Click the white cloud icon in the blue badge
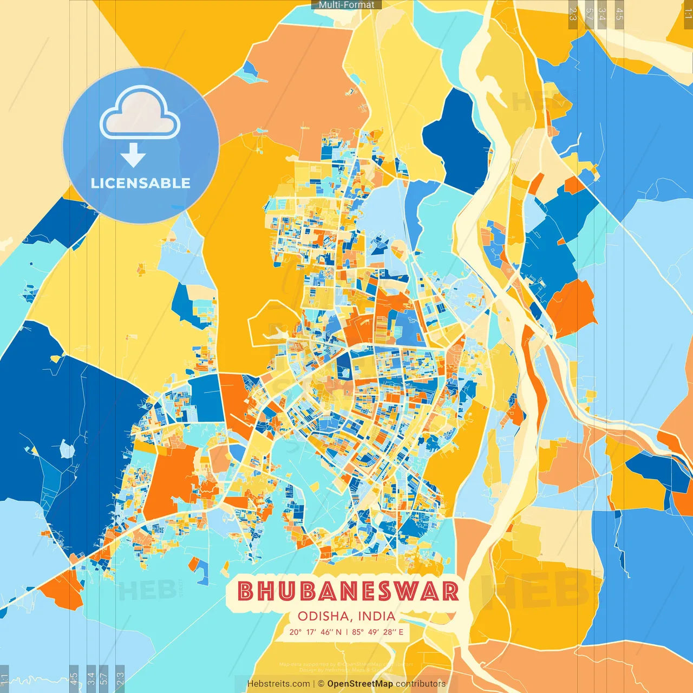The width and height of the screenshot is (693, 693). [140, 113]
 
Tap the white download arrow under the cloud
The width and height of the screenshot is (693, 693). [133, 155]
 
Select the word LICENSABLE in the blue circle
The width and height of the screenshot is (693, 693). [141, 183]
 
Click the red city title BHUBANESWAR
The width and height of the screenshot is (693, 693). [348, 591]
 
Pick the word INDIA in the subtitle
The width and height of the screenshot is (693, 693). [376, 616]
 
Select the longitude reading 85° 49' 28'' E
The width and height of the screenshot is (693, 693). [378, 632]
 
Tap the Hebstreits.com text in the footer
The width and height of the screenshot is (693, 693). [278, 684]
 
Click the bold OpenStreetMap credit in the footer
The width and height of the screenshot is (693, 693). [360, 684]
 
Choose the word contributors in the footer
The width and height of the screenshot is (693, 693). [421, 684]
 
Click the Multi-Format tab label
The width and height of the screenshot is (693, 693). [346, 5]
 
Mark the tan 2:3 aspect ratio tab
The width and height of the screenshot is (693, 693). [573, 14]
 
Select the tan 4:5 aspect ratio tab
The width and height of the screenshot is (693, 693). [619, 14]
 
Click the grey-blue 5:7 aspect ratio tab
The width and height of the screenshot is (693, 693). [104, 677]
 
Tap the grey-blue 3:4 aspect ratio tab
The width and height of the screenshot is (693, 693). [91, 677]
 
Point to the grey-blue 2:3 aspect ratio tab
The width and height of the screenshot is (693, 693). [120, 677]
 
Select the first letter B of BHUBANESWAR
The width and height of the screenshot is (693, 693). [246, 591]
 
